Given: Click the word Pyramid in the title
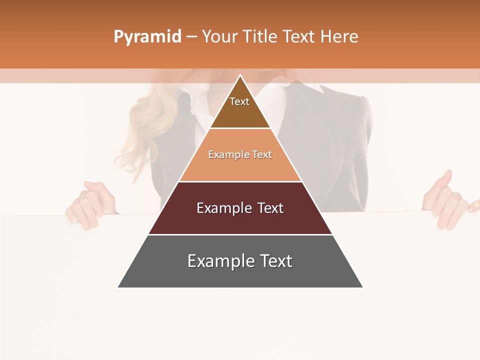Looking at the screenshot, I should click(x=147, y=37).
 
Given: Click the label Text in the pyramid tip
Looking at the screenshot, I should click(x=239, y=101).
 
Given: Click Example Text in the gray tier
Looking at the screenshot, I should click(x=240, y=261).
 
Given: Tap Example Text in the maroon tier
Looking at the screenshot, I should click(x=240, y=208).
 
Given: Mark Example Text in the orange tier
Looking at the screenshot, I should click(x=240, y=154).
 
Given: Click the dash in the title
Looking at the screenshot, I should click(x=191, y=37).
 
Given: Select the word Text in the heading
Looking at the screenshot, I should click(x=300, y=36).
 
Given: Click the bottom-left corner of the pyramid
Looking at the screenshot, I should click(x=118, y=287).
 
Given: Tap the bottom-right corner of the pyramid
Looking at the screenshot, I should click(x=362, y=287).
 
